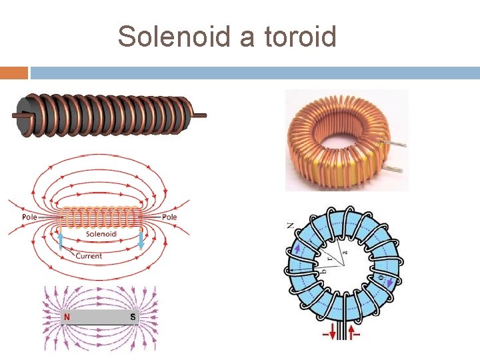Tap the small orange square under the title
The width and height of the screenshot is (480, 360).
pyautogui.click(x=14, y=73)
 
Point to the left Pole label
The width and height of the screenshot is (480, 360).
pyautogui.click(x=29, y=217)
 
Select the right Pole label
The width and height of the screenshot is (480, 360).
pyautogui.click(x=169, y=217)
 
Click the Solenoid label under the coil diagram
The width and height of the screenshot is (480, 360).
pyautogui.click(x=101, y=235)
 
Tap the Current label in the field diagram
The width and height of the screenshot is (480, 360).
pyautogui.click(x=89, y=256)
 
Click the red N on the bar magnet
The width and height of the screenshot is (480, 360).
pyautogui.click(x=67, y=317)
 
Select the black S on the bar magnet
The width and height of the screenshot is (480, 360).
pyautogui.click(x=133, y=317)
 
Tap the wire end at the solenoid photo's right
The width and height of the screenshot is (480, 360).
pyautogui.click(x=198, y=115)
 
